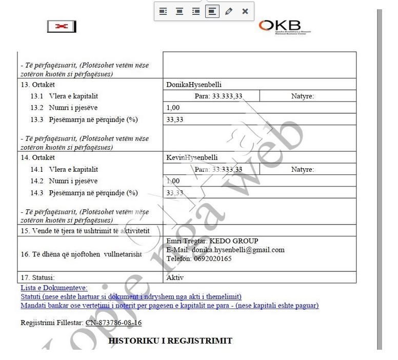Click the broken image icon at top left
tap(62, 27)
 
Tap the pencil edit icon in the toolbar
tap(229, 11)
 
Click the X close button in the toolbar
tap(245, 11)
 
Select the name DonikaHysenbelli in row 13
tap(194, 85)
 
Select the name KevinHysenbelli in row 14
tap(192, 157)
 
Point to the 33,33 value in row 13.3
tap(175, 119)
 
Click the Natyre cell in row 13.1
tap(302, 96)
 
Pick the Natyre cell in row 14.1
tap(302, 169)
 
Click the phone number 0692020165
tap(212, 258)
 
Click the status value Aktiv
tap(175, 277)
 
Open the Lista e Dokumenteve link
tap(54, 288)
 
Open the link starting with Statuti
tap(131, 296)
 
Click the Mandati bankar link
tap(169, 305)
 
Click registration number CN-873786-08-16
tap(113, 323)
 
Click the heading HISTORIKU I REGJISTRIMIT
tap(170, 341)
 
